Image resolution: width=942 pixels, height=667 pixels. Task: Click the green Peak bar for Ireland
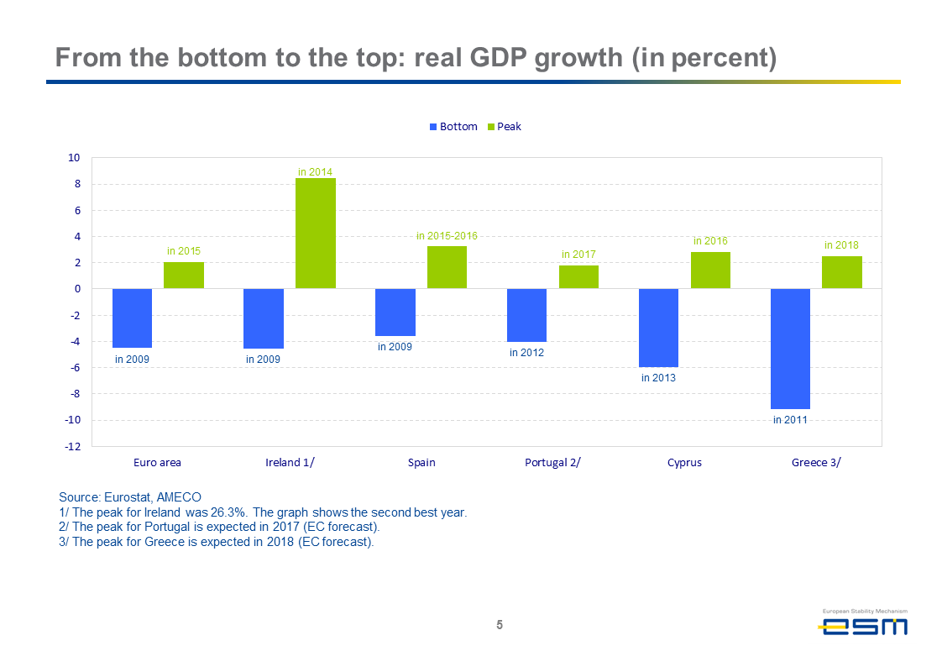pyautogui.click(x=316, y=234)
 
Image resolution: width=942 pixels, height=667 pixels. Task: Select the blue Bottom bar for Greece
pyautogui.click(x=790, y=349)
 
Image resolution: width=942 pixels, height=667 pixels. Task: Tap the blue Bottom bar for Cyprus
pyautogui.click(x=658, y=328)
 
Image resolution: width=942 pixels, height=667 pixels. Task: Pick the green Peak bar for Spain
pyautogui.click(x=447, y=267)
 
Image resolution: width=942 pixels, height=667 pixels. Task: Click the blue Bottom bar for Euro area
pyautogui.click(x=132, y=318)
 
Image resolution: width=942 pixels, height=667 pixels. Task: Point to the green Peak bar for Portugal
pyautogui.click(x=578, y=277)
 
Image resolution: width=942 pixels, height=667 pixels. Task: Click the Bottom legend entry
pyautogui.click(x=453, y=127)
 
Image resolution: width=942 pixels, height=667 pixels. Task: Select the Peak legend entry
pyautogui.click(x=504, y=127)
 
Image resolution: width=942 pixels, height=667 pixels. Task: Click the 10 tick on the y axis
pyautogui.click(x=74, y=158)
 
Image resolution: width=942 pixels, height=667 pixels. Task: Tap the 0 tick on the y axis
pyautogui.click(x=76, y=289)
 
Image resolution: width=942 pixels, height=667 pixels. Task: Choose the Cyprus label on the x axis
pyautogui.click(x=684, y=462)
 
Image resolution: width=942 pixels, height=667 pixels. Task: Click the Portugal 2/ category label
pyautogui.click(x=552, y=462)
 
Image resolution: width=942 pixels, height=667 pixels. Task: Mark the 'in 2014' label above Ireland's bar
pyautogui.click(x=315, y=171)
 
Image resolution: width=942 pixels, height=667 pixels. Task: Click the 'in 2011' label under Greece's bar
pyautogui.click(x=790, y=419)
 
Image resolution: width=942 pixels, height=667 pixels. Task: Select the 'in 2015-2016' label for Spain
pyautogui.click(x=447, y=236)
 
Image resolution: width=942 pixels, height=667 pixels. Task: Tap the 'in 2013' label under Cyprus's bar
pyautogui.click(x=658, y=378)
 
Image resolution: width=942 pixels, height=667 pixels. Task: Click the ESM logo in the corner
pyautogui.click(x=863, y=625)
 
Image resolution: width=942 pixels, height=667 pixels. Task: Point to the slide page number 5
pyautogui.click(x=500, y=625)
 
